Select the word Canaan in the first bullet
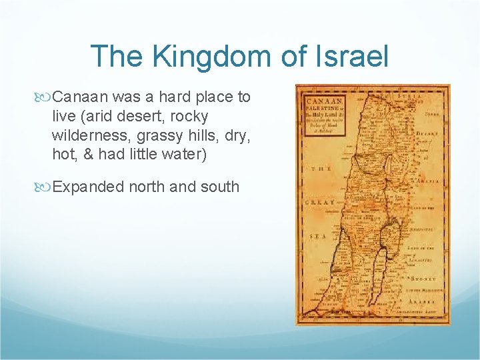tap(80, 97)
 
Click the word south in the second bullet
tap(219, 187)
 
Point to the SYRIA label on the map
tap(409, 97)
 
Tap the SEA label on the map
tap(317, 236)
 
